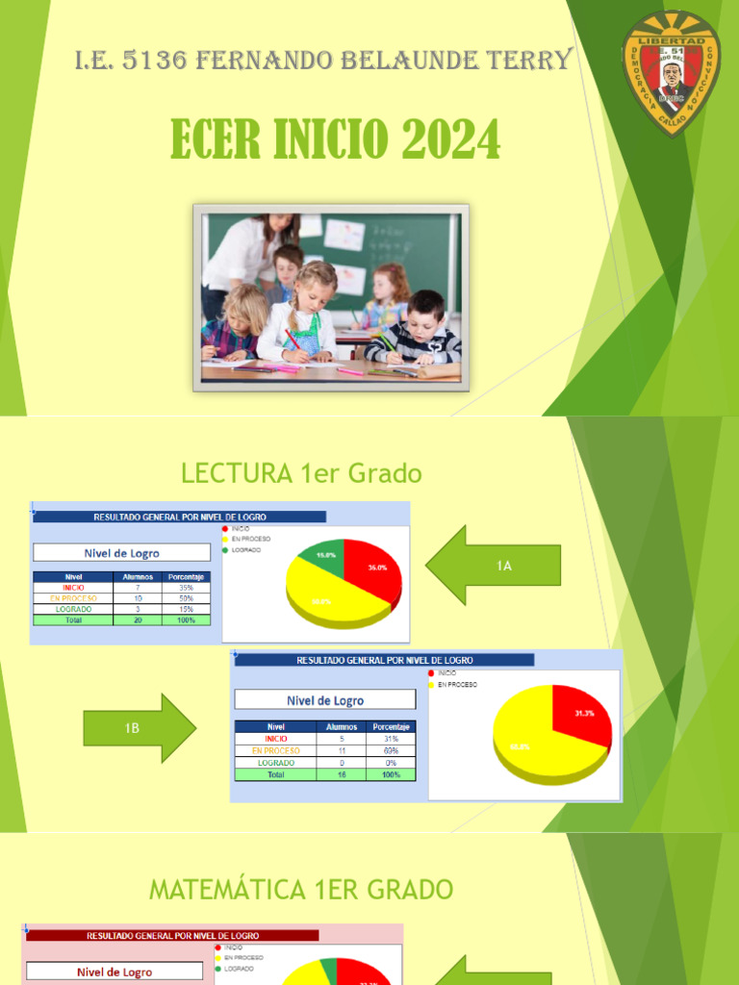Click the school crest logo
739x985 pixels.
671,73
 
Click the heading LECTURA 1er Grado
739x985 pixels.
301,473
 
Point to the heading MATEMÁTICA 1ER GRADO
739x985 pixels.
300,890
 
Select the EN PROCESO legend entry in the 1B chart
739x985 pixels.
457,684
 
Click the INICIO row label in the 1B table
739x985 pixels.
276,739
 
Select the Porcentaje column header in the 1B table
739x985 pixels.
392,727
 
